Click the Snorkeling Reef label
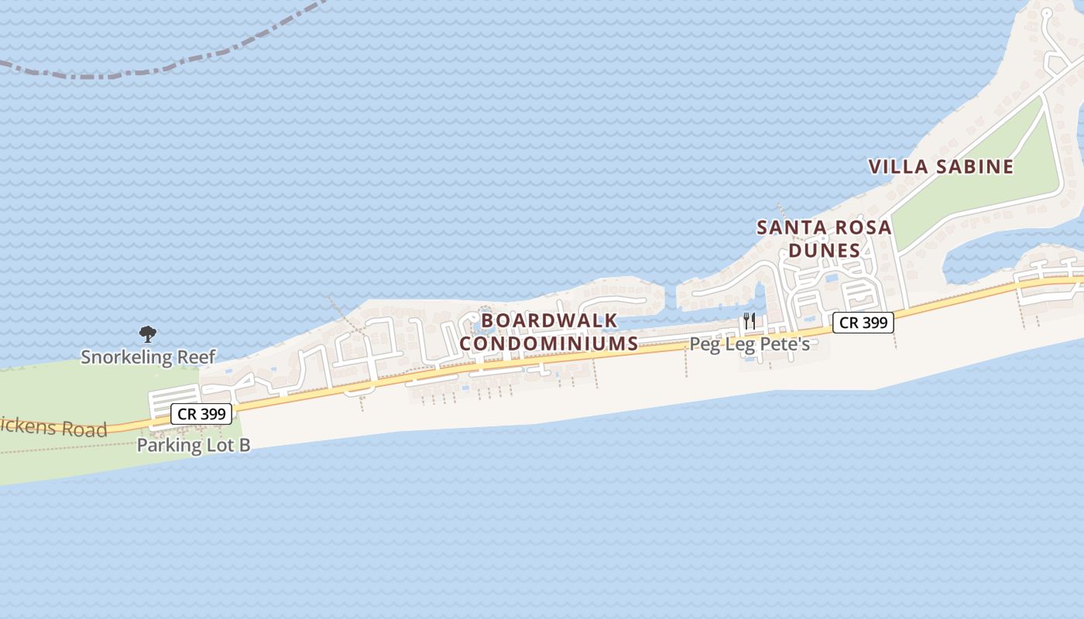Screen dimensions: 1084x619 [148, 357]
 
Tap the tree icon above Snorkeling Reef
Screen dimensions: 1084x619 [147, 334]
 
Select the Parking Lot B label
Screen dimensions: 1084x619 [194, 445]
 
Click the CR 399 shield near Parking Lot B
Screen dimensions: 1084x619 [201, 414]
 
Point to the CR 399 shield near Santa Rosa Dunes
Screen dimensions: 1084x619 [863, 323]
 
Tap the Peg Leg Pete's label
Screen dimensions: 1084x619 [750, 344]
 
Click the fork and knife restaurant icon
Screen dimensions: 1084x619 [749, 321]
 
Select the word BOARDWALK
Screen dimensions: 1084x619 [549, 320]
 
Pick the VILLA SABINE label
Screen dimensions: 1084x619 [941, 166]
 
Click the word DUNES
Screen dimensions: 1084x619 [824, 251]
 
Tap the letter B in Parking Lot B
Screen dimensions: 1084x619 [244, 445]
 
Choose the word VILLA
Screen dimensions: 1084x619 [898, 166]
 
